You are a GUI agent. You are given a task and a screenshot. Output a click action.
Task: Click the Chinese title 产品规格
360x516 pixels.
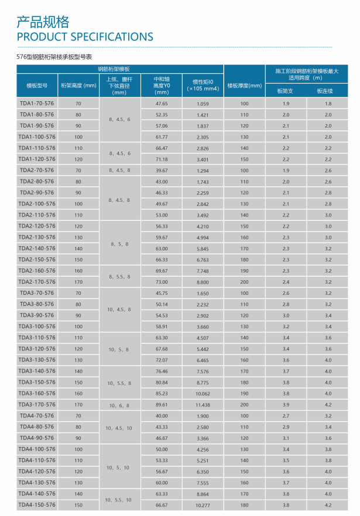(43, 22)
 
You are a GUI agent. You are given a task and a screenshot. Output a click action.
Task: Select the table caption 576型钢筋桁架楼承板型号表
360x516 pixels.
(58, 57)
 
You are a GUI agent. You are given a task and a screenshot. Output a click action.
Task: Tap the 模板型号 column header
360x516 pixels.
(37, 85)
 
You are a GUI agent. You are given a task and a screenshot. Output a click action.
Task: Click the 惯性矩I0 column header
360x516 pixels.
(203, 85)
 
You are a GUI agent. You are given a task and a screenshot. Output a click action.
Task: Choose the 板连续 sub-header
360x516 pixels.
(324, 91)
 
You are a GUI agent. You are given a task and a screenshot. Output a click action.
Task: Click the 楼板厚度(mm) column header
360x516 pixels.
(244, 85)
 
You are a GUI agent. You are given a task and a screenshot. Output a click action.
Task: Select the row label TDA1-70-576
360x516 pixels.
(37, 104)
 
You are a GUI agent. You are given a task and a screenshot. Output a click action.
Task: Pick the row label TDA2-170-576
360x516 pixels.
(37, 282)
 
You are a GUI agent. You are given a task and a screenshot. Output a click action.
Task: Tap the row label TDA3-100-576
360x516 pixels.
(37, 326)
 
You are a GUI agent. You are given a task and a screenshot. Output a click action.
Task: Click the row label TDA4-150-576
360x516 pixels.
(37, 505)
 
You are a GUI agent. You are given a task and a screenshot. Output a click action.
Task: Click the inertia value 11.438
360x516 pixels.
(203, 405)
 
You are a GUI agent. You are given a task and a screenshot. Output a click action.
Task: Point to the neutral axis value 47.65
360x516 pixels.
(162, 104)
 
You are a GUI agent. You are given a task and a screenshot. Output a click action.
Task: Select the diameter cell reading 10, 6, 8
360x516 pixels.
(119, 405)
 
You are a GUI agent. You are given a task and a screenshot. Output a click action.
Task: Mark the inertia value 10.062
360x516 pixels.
(203, 394)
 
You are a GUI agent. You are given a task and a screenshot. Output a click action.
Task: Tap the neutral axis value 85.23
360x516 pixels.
(162, 394)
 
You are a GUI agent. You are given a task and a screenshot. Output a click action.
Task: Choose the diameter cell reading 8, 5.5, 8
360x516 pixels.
(119, 276)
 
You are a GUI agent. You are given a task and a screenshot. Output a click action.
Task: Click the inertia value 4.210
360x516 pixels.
(203, 226)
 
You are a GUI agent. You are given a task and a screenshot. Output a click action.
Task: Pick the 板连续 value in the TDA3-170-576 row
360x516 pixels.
(328, 405)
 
